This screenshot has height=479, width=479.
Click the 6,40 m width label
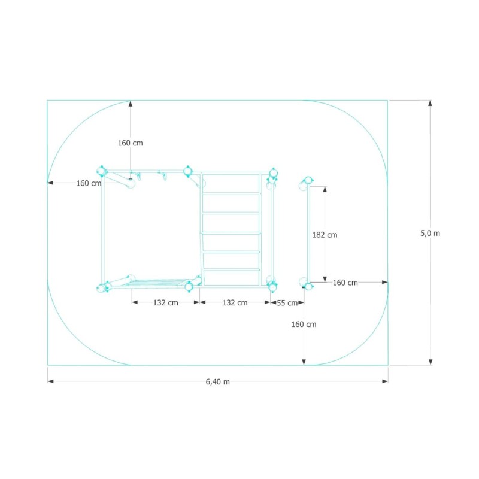pos(217,381)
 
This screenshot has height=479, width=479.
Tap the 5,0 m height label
pos(430,233)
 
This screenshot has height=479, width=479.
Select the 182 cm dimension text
pos(325,235)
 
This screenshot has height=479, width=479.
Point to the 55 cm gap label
pos(287,303)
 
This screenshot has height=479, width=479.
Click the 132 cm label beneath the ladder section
pos(235,302)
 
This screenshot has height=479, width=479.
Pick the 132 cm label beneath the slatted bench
pos(166,302)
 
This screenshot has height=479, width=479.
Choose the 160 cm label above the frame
pos(131,143)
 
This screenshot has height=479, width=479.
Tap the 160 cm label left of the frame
pos(89,183)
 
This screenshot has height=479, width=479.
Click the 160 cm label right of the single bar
pos(345,283)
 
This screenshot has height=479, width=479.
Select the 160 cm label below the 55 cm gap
pos(304,324)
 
